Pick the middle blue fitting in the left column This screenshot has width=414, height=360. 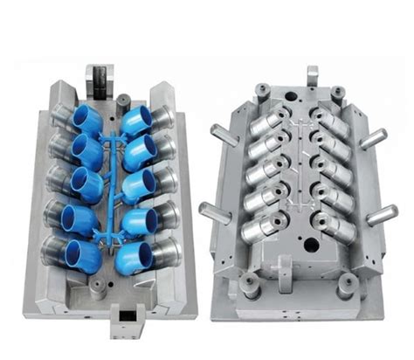[86, 184]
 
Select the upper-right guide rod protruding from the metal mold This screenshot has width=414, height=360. [373, 138]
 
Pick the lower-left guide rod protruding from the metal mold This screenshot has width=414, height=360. [210, 211]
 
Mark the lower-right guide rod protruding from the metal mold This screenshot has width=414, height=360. [381, 214]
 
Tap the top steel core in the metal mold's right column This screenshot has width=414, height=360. [324, 121]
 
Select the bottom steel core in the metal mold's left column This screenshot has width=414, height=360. [258, 227]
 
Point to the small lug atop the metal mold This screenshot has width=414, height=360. [312, 75]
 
